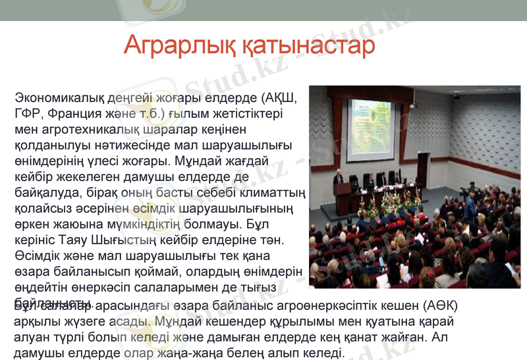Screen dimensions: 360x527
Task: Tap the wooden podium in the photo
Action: (x=343, y=195)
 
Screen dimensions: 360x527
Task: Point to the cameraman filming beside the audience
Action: (x=469, y=201)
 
